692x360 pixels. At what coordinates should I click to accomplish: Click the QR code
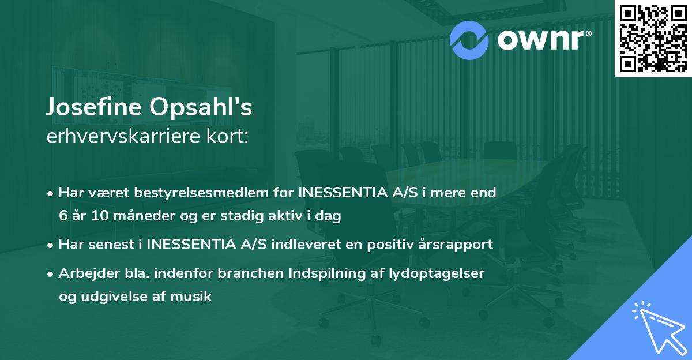[653, 38]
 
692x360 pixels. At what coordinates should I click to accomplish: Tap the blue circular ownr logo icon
[469, 40]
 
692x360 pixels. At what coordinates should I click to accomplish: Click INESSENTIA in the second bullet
[193, 244]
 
